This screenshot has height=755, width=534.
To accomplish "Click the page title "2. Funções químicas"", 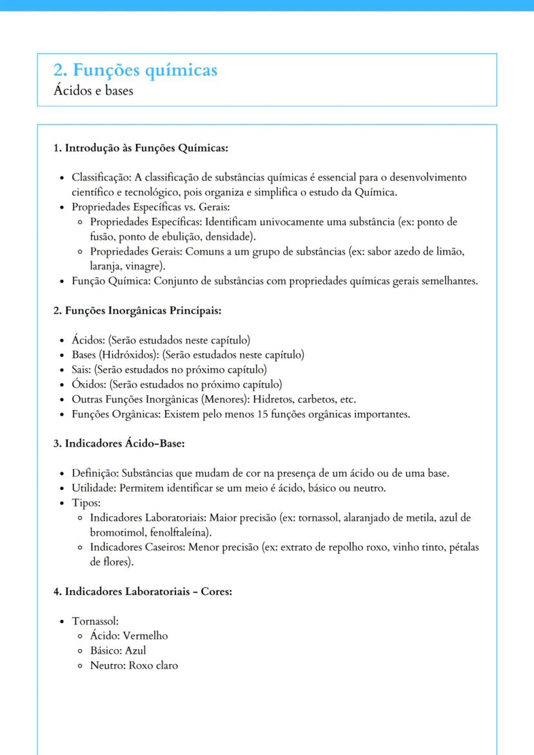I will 135,70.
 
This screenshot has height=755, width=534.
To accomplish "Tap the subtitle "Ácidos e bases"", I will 94,90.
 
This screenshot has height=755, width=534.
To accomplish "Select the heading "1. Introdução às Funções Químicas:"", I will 140,148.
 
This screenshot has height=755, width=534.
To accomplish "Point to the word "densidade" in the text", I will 231,236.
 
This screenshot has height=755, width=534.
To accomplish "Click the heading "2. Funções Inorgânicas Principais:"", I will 137,311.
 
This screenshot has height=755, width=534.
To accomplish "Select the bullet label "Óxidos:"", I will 89,384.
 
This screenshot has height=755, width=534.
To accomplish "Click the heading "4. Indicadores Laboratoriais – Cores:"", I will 142,591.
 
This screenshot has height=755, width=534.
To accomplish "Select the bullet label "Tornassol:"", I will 95,621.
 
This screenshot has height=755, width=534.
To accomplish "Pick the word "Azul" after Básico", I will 135,651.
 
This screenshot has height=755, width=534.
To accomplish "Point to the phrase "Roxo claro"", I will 153,665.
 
